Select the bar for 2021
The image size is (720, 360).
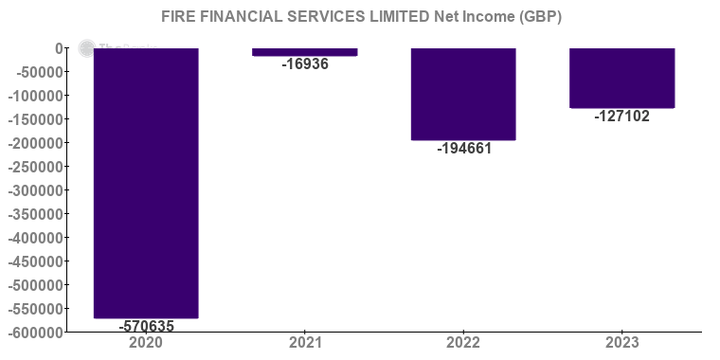(305, 52)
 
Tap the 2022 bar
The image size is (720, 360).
(463, 94)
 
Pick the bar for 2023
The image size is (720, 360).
(621, 78)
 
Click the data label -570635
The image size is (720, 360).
(146, 326)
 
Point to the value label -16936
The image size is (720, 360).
(305, 64)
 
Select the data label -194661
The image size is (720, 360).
(463, 148)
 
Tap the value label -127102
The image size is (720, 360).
(621, 117)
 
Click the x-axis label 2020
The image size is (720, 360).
(146, 342)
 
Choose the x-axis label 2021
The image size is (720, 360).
(305, 342)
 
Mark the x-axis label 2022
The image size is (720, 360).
(463, 342)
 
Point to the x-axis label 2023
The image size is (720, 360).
(621, 342)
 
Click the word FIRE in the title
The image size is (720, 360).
(178, 18)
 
